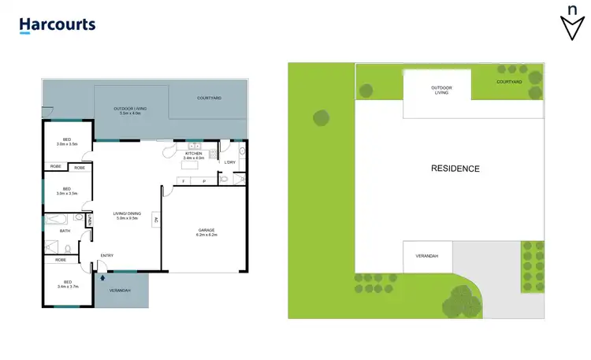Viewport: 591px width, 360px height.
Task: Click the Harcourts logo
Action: tap(58, 24)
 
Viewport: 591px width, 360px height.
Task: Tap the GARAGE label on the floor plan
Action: tap(206, 230)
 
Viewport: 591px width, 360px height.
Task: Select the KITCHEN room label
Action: tap(194, 153)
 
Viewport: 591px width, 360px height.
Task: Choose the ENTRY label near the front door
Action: tap(107, 254)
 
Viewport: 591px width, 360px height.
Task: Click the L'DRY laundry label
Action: tap(230, 162)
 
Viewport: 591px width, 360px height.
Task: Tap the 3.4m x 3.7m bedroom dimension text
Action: tap(66, 288)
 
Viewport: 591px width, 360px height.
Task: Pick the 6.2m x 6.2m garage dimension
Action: tap(206, 236)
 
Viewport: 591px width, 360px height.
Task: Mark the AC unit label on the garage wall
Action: tap(157, 220)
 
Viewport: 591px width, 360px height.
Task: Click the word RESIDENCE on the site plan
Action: tap(455, 169)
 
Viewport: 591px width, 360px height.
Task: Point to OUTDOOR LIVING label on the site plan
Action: tap(440, 90)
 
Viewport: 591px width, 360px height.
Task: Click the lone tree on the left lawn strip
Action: tap(322, 118)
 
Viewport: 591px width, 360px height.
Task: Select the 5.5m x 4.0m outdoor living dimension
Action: tap(130, 113)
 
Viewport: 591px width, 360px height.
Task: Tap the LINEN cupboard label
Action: tap(91, 222)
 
